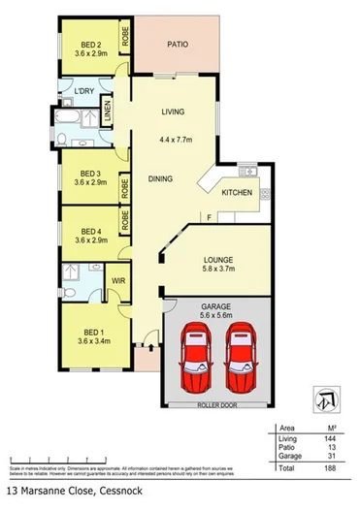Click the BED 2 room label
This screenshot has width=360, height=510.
(x=91, y=45)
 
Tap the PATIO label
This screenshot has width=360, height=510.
(x=177, y=44)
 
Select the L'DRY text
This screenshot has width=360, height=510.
(x=83, y=94)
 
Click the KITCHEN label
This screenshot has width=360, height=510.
(x=238, y=194)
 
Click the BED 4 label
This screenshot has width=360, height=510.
(x=91, y=231)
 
